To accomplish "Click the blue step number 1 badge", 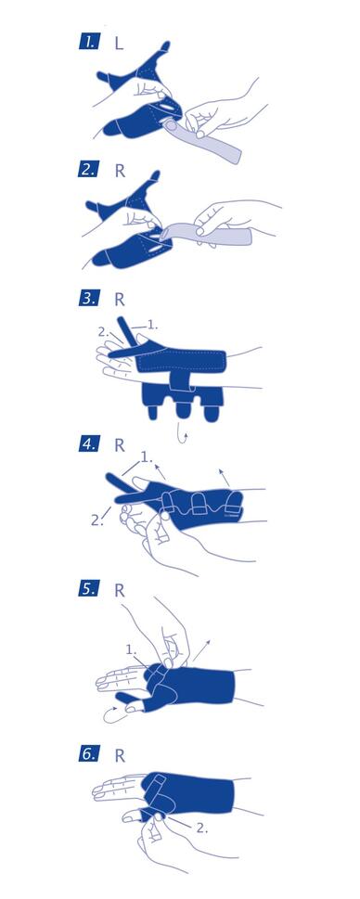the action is click(89, 42).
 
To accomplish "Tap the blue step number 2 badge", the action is click(89, 171).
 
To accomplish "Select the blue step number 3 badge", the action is click(89, 298).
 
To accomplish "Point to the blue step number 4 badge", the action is click(89, 443).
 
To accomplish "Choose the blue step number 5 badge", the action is click(89, 589).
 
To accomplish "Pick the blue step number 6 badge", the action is click(89, 754).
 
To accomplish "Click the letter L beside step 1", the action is click(119, 43).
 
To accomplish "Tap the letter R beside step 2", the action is click(120, 171).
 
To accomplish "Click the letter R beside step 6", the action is click(120, 756).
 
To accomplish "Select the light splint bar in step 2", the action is click(206, 232).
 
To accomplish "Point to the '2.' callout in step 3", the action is click(104, 332).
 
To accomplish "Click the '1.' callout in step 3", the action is click(152, 325).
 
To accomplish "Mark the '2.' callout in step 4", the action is click(96, 520).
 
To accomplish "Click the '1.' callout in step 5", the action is click(131, 650).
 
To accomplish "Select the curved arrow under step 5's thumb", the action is click(112, 714).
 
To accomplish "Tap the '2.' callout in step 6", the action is click(202, 828).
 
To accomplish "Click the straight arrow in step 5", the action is click(200, 651).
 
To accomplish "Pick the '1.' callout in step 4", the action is click(147, 458).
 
